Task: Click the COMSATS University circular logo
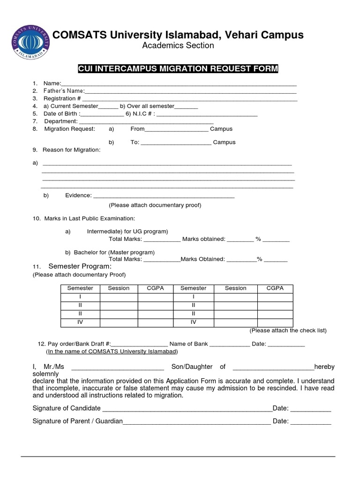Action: tap(31, 42)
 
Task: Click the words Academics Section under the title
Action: tap(178, 45)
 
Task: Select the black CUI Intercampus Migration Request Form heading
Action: tap(178, 69)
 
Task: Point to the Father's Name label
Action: tap(64, 90)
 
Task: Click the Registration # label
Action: tap(62, 98)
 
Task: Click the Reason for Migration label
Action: tap(71, 150)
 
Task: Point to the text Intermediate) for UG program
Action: tap(127, 232)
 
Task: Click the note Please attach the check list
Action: tap(288, 330)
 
